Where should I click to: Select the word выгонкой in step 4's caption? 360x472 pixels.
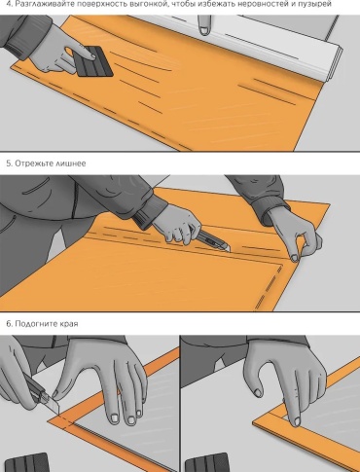144,4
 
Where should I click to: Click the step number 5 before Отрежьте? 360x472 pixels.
9,163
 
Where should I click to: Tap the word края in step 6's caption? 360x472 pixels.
68,324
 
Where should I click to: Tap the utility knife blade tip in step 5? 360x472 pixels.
229,251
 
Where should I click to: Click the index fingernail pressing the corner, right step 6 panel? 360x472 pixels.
297,421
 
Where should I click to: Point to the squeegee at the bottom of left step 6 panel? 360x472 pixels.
27,462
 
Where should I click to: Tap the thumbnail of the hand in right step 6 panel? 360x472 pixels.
258,392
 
